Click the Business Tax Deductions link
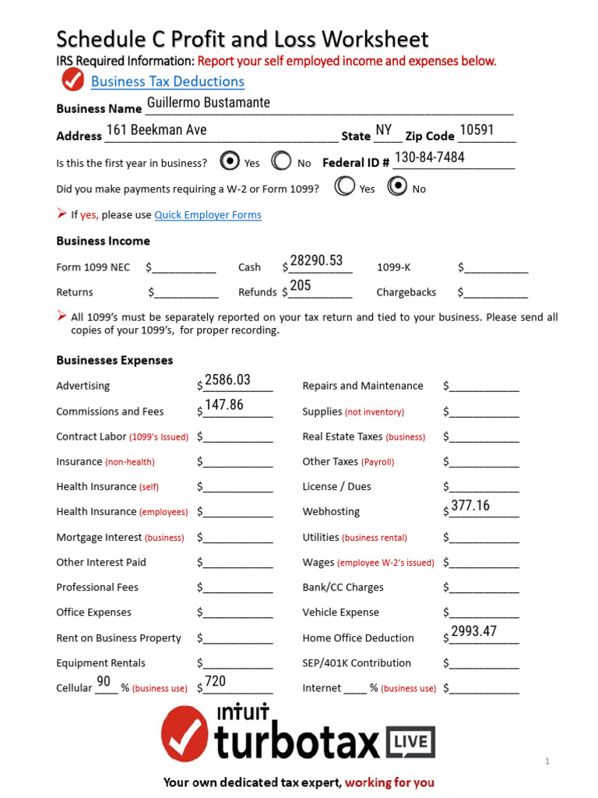167,82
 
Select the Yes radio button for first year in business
230,161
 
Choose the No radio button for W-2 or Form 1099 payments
397,187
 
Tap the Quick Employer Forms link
208,215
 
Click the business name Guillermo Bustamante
208,103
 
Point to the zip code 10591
477,130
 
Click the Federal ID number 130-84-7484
429,157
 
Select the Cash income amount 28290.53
316,261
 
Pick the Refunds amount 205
301,286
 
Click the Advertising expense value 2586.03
227,380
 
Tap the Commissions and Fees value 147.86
224,405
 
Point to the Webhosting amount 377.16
470,506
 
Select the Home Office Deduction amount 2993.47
473,632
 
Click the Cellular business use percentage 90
104,682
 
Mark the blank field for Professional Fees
238,588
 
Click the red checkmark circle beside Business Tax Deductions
72,80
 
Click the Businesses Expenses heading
114,361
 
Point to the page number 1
547,761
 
